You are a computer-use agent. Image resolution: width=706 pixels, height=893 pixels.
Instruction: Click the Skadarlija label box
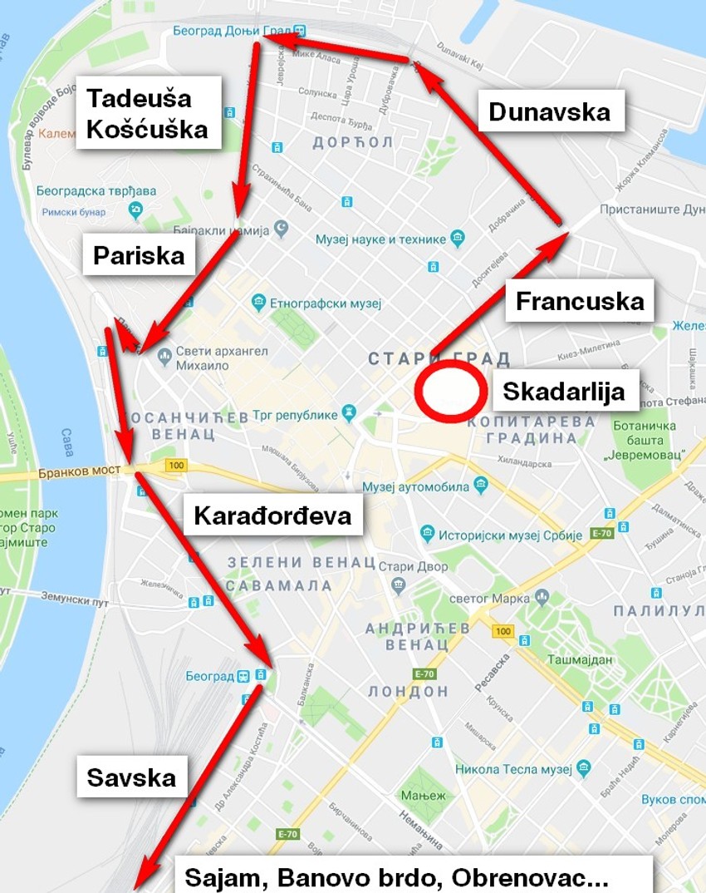coord(564,391)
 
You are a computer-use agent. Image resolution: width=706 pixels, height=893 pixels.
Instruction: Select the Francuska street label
coord(580,301)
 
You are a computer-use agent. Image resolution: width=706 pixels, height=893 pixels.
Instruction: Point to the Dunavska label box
coord(549,111)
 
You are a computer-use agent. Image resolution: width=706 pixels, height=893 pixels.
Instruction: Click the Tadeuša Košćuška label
coord(148,113)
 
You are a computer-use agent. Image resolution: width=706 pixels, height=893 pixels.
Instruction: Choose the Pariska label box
coord(139,255)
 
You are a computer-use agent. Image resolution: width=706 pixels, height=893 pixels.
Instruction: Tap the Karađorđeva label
coord(272,516)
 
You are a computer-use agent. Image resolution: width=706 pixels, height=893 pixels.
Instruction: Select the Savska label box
coord(131,777)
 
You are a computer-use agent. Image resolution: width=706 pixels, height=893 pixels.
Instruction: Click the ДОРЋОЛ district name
coord(352,142)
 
